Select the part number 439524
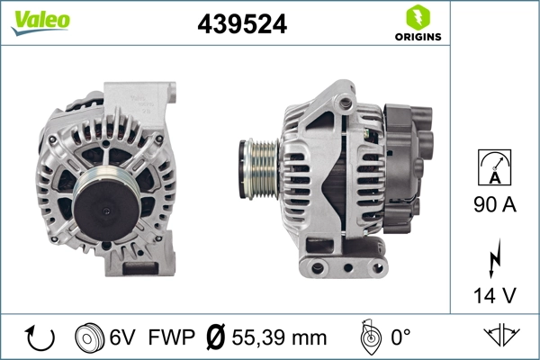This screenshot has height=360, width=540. [242, 26]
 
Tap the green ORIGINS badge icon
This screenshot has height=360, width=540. [417, 16]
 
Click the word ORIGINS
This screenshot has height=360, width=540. [417, 38]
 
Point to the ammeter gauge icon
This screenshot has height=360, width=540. [496, 167]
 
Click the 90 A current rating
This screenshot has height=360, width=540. [496, 205]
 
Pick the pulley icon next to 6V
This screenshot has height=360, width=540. [89, 338]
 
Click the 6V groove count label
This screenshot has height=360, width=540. [122, 338]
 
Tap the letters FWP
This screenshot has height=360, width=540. [170, 338]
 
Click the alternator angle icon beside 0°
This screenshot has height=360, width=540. [368, 337]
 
